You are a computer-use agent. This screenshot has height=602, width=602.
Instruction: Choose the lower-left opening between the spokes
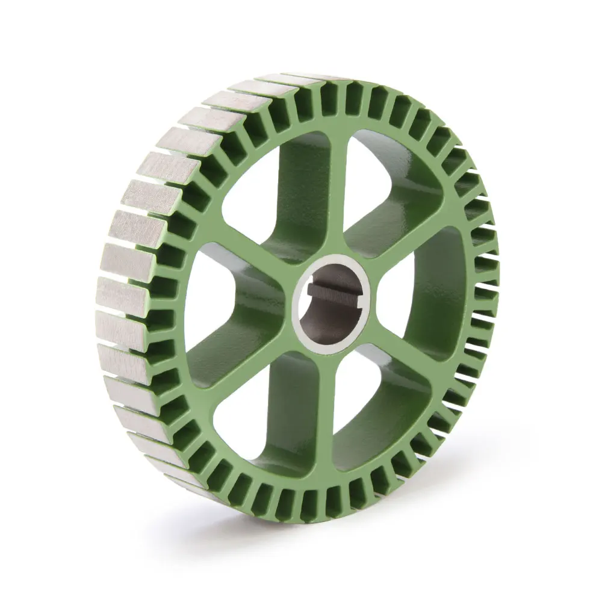(x=265, y=421)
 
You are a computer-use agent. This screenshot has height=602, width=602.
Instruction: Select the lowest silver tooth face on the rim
(x=181, y=476)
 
